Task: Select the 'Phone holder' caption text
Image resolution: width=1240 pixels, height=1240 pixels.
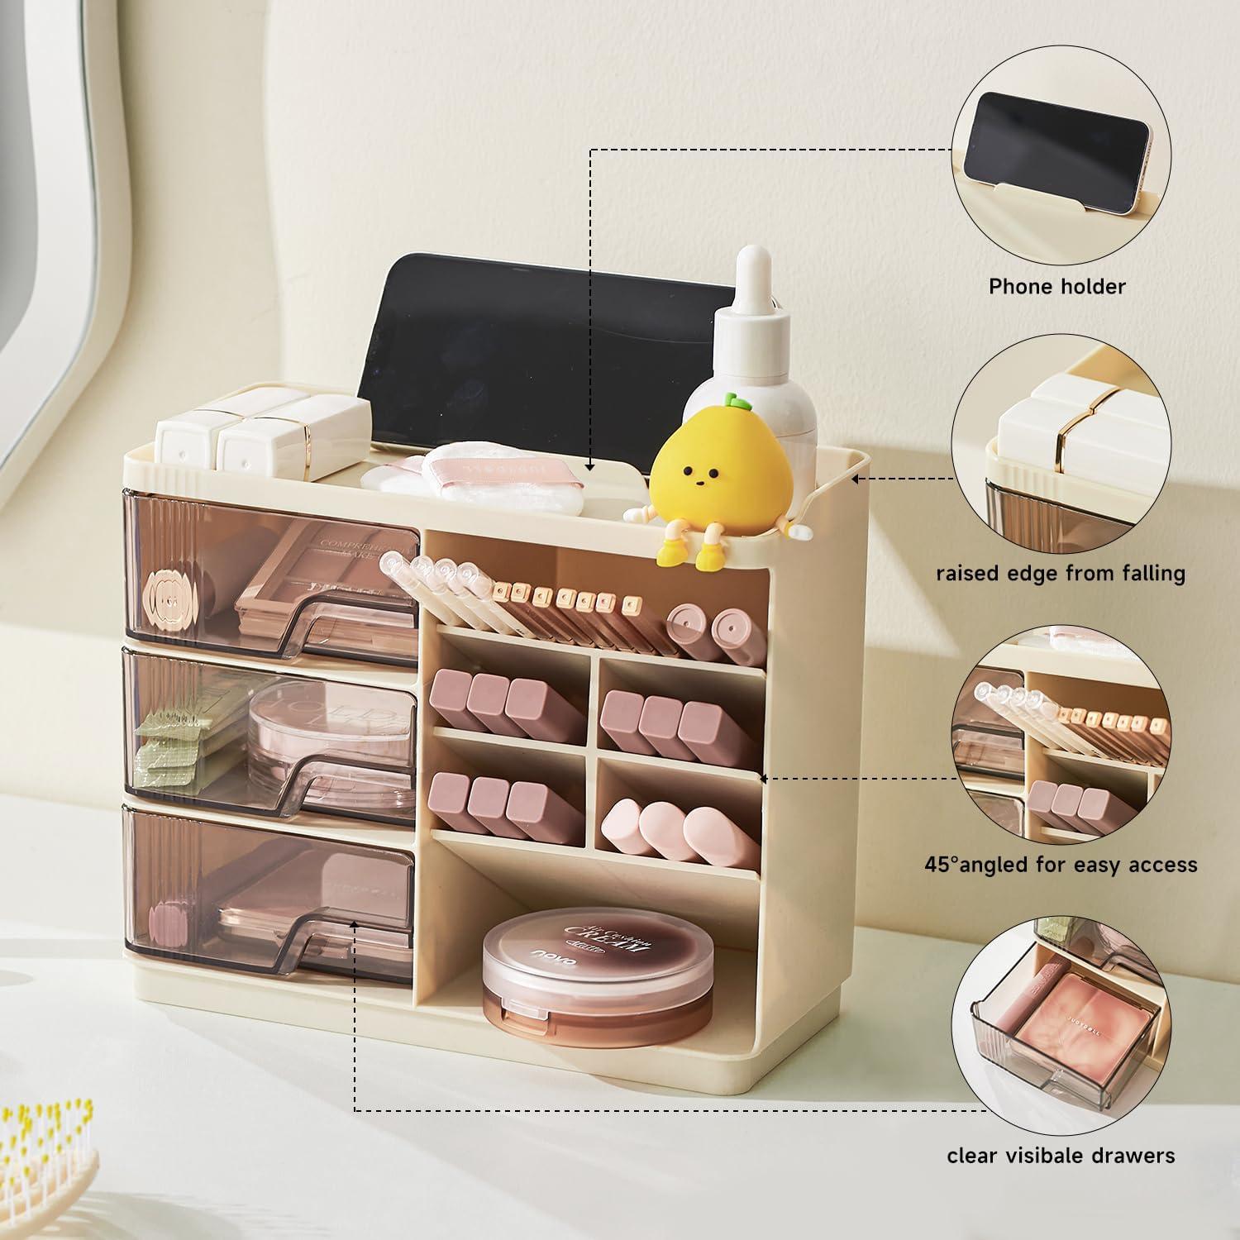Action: pyautogui.click(x=1057, y=287)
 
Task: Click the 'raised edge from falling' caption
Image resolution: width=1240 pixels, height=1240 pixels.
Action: pyautogui.click(x=1061, y=573)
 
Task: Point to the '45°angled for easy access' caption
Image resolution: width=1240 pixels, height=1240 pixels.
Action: pyautogui.click(x=1061, y=865)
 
